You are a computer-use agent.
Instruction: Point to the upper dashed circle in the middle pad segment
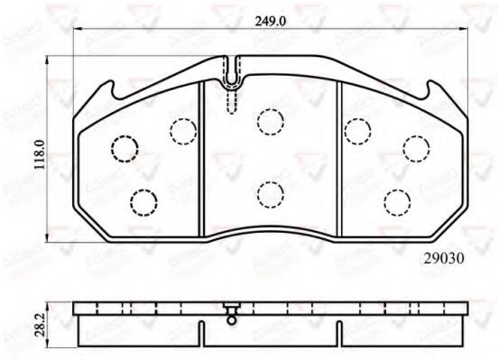[x=268, y=120]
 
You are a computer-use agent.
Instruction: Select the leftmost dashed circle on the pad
[x=122, y=146]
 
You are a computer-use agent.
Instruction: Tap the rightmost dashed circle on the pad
[x=415, y=146]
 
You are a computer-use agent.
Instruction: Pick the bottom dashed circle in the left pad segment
[x=143, y=202]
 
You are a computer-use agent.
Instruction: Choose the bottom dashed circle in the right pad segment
[x=394, y=202]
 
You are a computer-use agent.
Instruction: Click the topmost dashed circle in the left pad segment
[x=182, y=132]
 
